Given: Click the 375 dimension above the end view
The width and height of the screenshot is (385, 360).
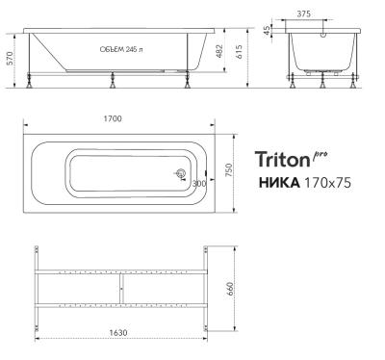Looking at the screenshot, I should pos(329,13).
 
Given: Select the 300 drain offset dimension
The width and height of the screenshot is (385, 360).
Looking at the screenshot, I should pos(198,182).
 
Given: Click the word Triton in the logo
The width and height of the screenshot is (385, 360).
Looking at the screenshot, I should pos(283,159).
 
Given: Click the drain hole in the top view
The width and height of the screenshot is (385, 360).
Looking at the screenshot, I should pos(179,174).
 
